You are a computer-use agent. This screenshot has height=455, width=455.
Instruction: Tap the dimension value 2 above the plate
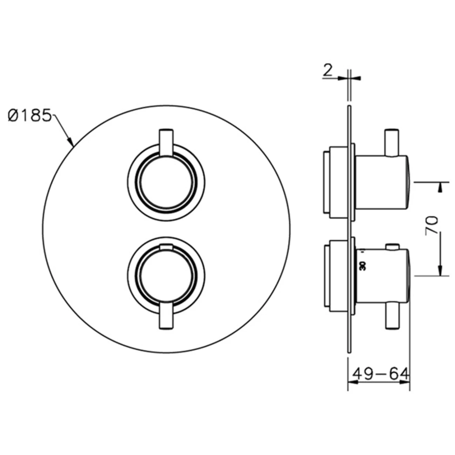tap(328, 70)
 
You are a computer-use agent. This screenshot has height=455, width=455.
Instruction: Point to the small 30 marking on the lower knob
tap(363, 266)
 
